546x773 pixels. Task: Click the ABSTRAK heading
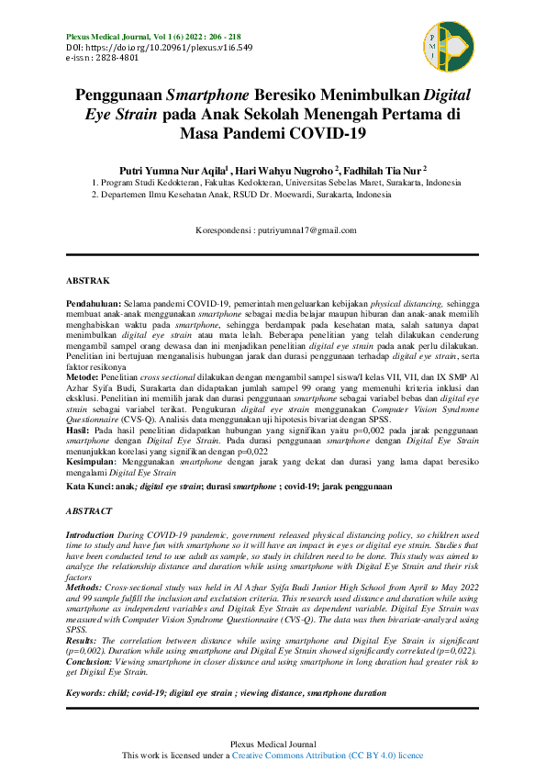(x=89, y=279)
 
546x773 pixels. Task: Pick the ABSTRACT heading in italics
(x=90, y=510)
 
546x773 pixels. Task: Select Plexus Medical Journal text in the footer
(x=273, y=743)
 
